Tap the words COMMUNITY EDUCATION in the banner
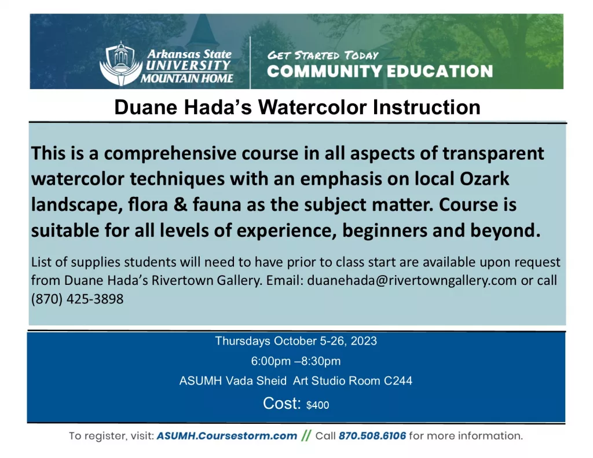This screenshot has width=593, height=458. [x=380, y=72]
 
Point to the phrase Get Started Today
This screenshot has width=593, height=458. [x=323, y=56]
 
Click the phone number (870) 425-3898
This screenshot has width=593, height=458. [x=78, y=299]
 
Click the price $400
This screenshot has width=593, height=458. [x=317, y=405]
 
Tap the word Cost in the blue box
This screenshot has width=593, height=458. [x=280, y=404]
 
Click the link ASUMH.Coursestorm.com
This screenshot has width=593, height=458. [x=226, y=435]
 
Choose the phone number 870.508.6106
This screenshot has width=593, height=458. [x=372, y=435]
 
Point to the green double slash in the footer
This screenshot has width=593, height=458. [x=306, y=435]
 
